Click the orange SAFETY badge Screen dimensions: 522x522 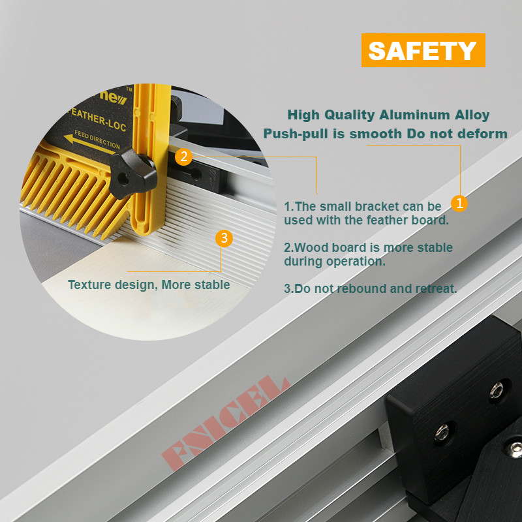pos(423,50)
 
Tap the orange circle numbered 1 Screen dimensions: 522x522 pos(459,203)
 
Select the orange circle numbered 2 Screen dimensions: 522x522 pos(183,157)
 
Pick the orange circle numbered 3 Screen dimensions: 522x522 pos(224,238)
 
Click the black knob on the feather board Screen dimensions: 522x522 pos(132,173)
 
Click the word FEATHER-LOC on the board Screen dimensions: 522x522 pos(97,119)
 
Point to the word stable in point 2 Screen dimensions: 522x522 pos(435,248)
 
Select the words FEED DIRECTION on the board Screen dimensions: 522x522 pos(97,139)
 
